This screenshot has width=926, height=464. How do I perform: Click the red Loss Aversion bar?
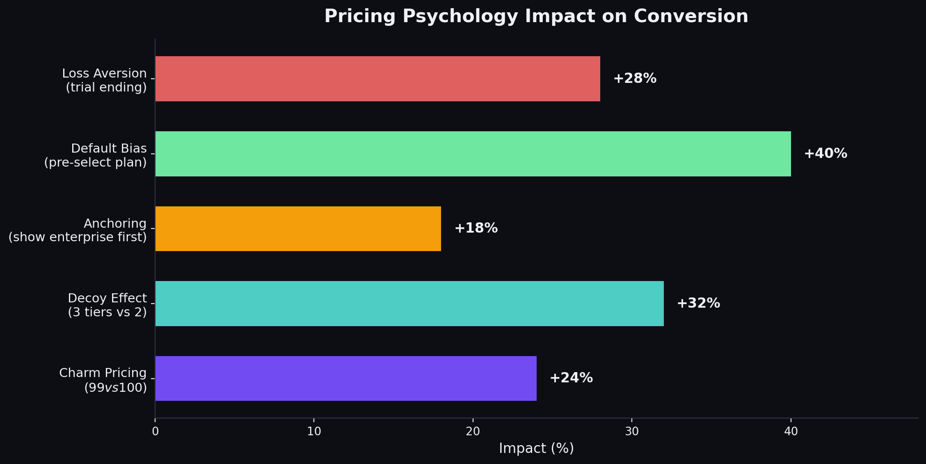click(377, 79)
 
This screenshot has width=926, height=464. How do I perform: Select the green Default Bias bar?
click(473, 154)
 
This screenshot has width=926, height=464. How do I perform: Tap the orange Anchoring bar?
click(298, 229)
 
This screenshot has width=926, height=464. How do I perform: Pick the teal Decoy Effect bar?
click(409, 304)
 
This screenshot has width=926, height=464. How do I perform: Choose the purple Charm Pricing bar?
click(345, 378)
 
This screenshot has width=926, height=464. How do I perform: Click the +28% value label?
click(634, 78)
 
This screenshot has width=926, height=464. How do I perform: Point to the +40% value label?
click(825, 154)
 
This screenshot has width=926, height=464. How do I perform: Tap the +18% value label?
click(476, 228)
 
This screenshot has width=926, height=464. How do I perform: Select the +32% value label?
click(698, 303)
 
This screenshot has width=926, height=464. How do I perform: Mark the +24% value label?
click(571, 378)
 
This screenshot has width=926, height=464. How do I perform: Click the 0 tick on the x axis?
click(155, 432)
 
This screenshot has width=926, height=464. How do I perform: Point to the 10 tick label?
click(314, 432)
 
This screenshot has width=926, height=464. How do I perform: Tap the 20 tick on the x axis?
click(473, 432)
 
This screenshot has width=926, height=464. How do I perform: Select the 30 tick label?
click(632, 432)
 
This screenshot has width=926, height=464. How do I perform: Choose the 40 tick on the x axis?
click(791, 432)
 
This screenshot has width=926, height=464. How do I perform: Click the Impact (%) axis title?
click(536, 448)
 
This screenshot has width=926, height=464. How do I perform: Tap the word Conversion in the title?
click(691, 16)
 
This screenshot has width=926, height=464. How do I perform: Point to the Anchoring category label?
click(115, 224)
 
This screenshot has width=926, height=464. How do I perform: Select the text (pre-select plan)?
click(95, 162)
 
